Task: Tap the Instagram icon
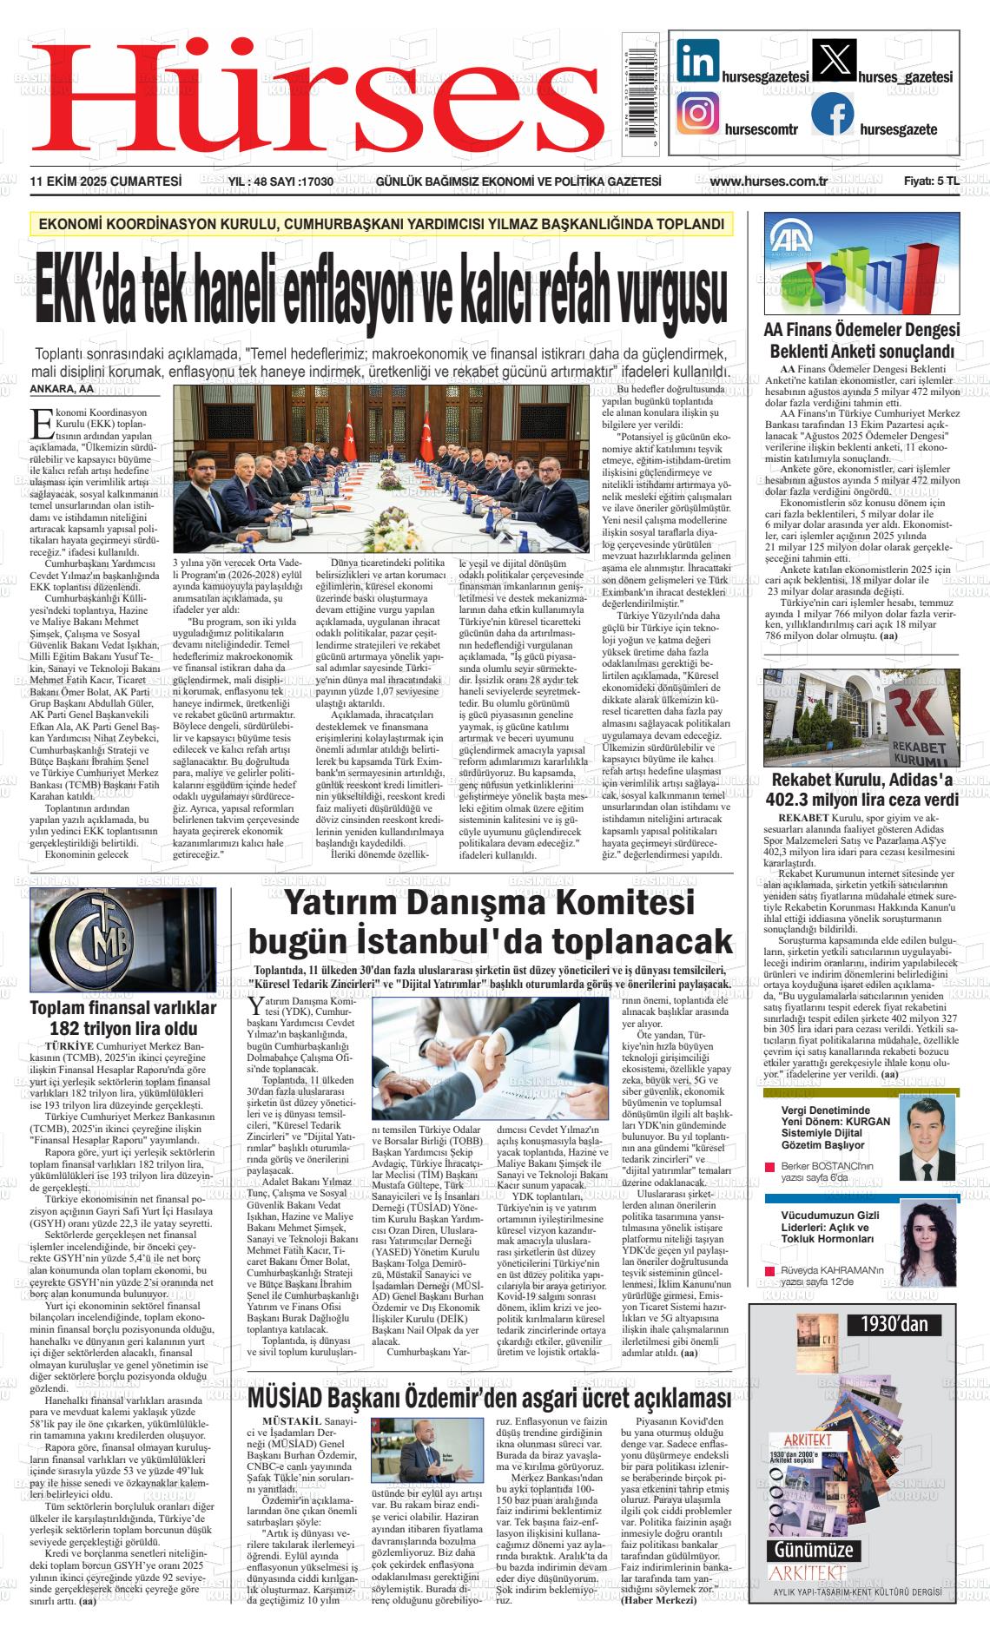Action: pos(698,115)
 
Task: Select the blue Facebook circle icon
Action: pos(832,115)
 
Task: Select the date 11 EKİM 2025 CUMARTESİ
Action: pos(105,181)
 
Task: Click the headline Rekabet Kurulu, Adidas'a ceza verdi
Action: pos(861,789)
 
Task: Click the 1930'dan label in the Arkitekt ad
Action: pos(894,1325)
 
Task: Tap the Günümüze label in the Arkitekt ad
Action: pos(809,1550)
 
